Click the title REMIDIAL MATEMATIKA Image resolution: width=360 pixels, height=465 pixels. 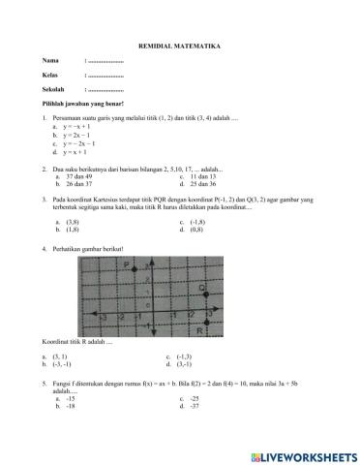pyautogui.click(x=179, y=46)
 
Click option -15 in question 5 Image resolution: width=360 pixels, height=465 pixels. pyautogui.click(x=70, y=399)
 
